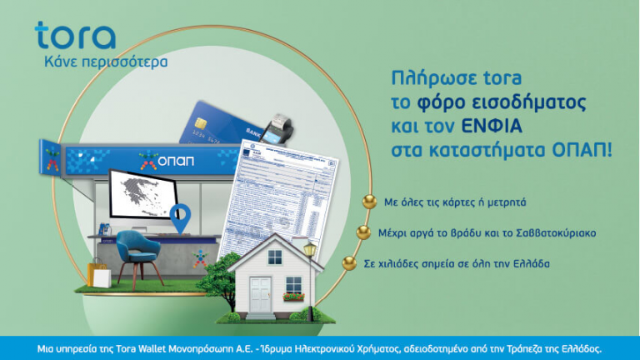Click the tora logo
[x=75, y=36]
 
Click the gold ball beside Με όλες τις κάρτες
[x=368, y=201]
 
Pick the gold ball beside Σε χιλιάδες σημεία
[x=349, y=263]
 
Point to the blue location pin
[x=178, y=219]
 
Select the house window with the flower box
[x=293, y=286]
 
